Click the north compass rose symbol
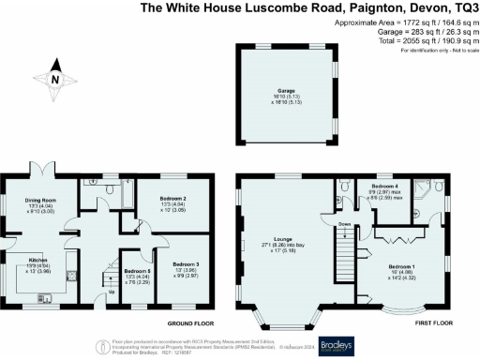(x=53, y=79)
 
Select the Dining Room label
(x=41, y=202)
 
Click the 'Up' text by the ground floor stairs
(x=113, y=292)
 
